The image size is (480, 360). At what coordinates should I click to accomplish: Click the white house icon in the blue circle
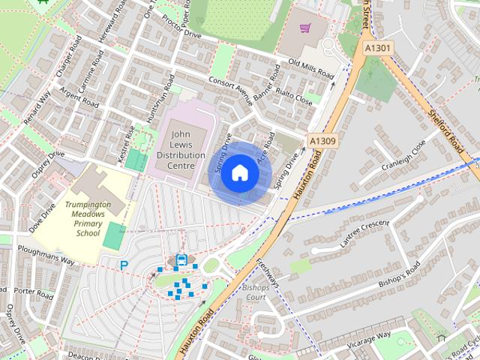point(239,173)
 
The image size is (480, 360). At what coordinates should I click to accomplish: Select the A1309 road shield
point(322,140)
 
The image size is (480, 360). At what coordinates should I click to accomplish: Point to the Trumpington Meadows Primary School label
point(88,218)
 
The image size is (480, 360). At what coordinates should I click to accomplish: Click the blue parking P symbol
point(124,265)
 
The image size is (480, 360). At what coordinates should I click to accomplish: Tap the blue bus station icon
point(181,260)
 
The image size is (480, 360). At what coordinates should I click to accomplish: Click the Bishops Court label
point(254,292)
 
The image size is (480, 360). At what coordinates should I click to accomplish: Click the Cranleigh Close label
point(403,153)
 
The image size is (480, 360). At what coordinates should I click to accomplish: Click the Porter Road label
point(34,292)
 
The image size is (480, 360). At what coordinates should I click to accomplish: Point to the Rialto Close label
point(294,97)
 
